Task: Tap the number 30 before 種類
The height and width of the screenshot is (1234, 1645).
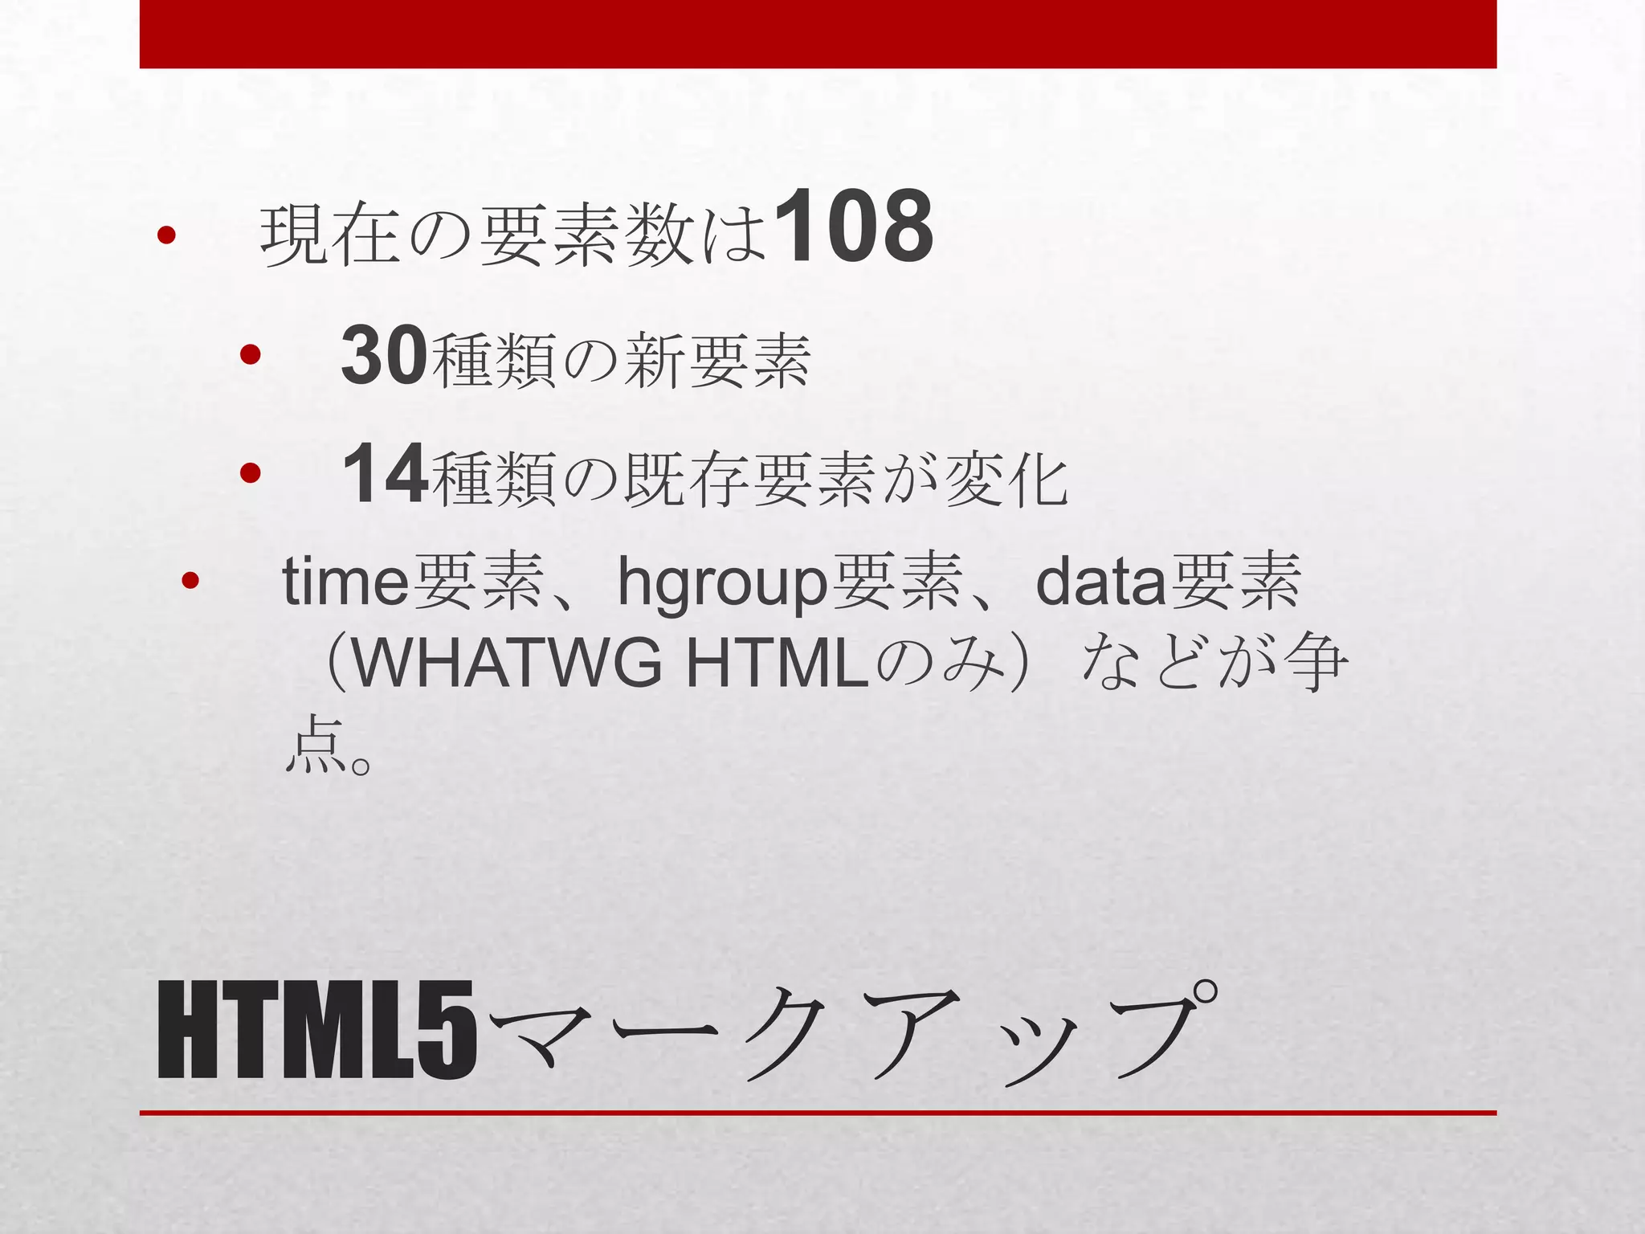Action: coord(383,356)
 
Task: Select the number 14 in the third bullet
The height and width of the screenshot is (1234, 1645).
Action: coord(383,475)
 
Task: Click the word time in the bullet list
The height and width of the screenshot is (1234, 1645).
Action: coord(345,582)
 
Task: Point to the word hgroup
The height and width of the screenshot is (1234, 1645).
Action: coord(721,583)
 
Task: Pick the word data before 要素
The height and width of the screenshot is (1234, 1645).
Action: coord(1100,582)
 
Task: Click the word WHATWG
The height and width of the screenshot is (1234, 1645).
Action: coord(506,664)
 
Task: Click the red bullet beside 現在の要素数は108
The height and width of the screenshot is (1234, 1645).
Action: coord(166,235)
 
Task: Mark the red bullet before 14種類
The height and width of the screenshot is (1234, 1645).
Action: coord(250,474)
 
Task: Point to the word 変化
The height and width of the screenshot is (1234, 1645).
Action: coord(1006,480)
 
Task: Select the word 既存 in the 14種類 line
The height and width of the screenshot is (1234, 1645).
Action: coord(687,480)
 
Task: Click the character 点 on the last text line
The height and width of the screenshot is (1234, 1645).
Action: coord(316,745)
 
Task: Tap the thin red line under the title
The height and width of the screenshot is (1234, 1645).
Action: coord(818,1113)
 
